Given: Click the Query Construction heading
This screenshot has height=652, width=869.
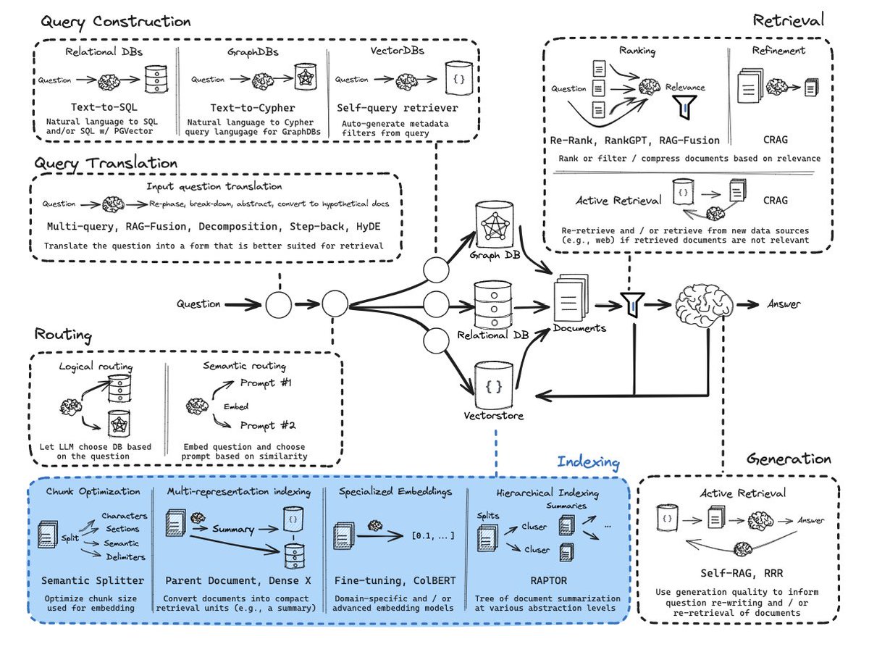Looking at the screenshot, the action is tap(116, 22).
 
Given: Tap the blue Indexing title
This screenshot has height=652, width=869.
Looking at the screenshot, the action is tap(588, 462).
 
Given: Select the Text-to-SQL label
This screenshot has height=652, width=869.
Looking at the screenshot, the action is tap(104, 107).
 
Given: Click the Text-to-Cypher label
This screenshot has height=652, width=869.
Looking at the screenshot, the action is tap(253, 108).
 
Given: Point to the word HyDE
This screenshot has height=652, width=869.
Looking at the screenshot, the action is tap(368, 227).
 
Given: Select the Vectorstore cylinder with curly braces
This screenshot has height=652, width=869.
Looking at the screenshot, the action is tap(494, 385).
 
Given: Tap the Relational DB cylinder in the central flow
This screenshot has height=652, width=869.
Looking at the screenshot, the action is tap(493, 305).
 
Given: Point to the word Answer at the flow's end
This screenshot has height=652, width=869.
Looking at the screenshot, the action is tap(784, 304).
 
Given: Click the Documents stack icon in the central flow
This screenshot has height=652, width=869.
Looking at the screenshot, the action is tap(571, 298).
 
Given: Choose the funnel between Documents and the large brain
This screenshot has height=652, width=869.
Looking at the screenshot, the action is tap(633, 305).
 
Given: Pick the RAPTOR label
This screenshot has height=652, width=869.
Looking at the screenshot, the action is tap(548, 580).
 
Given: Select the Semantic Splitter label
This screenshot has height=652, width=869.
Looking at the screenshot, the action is tap(93, 580).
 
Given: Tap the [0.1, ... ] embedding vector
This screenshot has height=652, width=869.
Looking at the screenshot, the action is tap(433, 535).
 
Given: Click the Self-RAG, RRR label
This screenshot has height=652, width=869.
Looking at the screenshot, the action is tap(742, 573).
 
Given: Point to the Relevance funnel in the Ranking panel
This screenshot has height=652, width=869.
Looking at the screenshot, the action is tap(685, 107).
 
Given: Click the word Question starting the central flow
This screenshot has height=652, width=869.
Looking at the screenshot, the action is tap(198, 304).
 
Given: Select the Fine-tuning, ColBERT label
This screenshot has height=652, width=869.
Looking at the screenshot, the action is tap(395, 580).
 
